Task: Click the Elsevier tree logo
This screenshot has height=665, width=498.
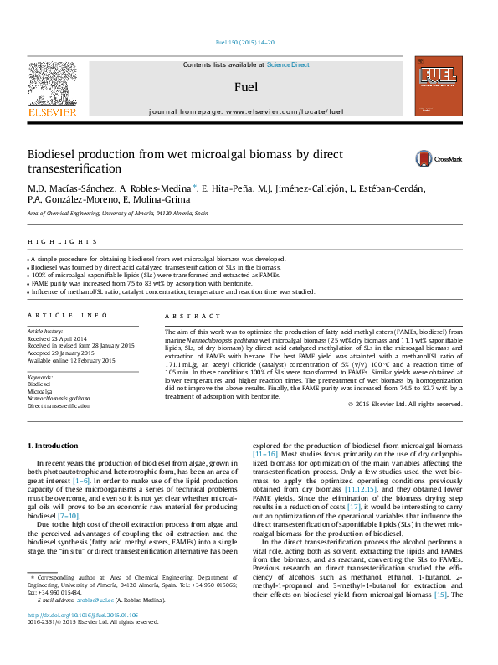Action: (x=52, y=84)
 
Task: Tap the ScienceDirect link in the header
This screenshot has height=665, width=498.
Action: (x=288, y=64)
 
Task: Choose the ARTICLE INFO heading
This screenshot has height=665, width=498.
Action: (x=68, y=315)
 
